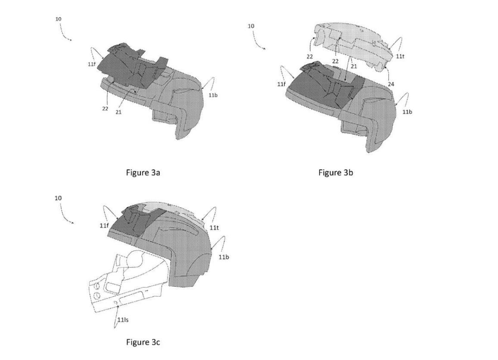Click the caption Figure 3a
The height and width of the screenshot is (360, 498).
pos(143,172)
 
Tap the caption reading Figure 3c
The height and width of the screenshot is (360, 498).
pos(143,342)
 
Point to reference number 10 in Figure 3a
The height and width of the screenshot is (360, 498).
pos(59,19)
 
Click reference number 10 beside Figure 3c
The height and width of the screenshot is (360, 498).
pos(58,198)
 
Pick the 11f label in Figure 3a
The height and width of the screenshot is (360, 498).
pos(91,64)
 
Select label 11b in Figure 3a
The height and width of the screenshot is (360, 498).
pos(213,95)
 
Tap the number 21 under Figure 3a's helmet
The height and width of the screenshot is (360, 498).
pos(118,112)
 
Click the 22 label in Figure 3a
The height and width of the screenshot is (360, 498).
pos(105,109)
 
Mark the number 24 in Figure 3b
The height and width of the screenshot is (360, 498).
pos(391,84)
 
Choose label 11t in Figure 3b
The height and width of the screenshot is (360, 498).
pos(400,56)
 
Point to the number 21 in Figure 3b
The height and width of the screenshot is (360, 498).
pos(354,66)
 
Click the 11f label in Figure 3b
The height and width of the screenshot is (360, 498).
pos(281,84)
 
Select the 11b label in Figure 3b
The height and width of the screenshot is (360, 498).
pos(408,112)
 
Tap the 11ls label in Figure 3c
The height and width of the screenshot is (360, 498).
pos(123,320)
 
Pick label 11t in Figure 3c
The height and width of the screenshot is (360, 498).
pos(214,228)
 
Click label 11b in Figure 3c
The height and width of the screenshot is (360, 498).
pos(224,257)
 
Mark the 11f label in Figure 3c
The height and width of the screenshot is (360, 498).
pos(104,225)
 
